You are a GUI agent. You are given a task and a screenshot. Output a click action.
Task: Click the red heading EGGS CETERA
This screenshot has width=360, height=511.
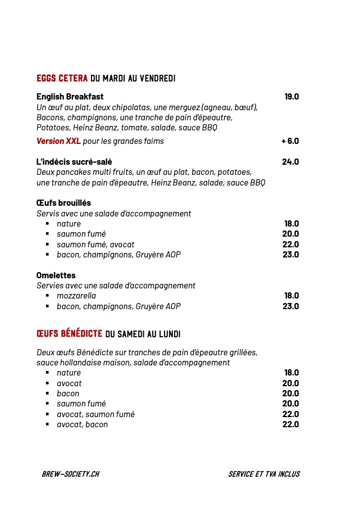point(62,78)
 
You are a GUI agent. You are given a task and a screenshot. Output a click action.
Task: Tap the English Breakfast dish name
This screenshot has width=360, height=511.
point(70,97)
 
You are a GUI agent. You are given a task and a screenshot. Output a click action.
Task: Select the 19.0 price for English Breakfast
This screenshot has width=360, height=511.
point(291,97)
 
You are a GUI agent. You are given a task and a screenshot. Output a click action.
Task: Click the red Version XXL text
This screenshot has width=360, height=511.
point(58,141)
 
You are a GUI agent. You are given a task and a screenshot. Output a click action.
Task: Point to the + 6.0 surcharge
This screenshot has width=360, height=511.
point(290,141)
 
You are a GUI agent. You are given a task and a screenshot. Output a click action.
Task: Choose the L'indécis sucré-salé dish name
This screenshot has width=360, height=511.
point(74,162)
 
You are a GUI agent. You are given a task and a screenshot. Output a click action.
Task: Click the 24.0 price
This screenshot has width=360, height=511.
point(290,162)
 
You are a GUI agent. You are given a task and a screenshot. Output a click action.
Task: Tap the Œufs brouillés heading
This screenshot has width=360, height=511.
point(63,203)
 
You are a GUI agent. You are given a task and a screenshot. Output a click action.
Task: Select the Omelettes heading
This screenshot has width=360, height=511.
point(56,275)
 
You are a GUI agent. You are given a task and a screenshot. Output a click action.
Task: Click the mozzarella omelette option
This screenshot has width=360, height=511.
point(76,296)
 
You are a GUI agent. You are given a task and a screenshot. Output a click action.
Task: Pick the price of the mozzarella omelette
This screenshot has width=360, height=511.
point(291,296)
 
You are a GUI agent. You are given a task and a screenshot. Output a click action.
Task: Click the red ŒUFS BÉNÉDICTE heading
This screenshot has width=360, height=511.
point(69,334)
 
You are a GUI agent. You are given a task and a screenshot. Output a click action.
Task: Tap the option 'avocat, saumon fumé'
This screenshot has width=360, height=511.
point(95,414)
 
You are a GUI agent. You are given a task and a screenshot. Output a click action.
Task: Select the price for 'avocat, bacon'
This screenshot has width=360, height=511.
point(290,424)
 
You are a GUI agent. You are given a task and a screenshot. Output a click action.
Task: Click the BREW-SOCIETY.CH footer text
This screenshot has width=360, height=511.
point(70,474)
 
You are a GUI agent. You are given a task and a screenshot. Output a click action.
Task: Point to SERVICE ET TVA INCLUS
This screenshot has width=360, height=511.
point(264,474)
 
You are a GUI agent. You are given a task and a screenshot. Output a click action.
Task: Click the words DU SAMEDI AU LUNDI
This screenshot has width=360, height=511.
point(143,334)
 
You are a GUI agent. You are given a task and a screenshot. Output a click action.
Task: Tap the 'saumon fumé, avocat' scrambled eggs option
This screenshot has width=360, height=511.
point(91,245)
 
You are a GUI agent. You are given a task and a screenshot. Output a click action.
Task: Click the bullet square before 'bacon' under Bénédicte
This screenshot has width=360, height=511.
point(48,394)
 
